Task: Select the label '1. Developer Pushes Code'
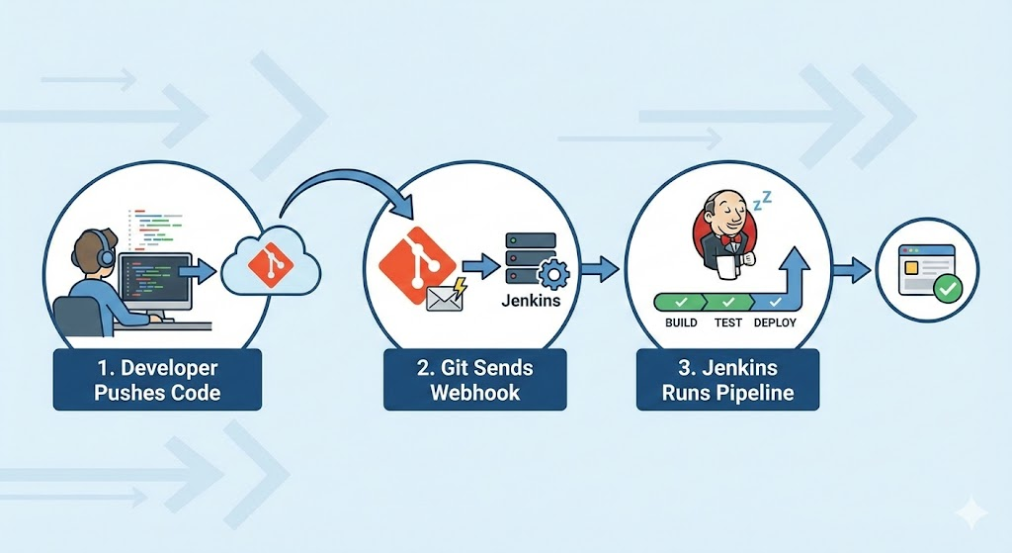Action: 157,380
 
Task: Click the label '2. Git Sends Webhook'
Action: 474,380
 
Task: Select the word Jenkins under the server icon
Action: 531,300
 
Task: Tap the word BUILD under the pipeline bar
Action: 681,323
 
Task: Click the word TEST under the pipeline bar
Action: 728,323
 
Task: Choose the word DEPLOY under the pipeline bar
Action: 776,323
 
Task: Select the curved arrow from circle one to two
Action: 346,183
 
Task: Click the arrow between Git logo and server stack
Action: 480,265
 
